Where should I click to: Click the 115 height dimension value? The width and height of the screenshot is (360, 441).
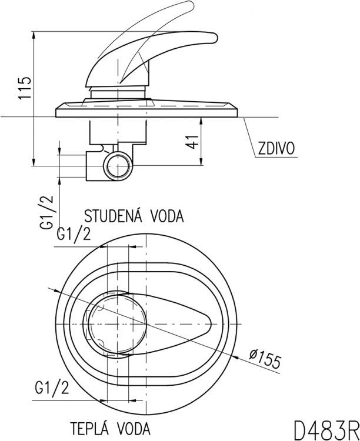coord(24,89)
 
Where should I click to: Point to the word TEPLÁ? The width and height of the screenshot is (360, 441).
coord(90,426)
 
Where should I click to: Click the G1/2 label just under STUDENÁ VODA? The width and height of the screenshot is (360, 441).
coord(74,235)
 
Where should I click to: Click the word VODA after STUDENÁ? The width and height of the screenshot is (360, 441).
coord(165,215)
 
